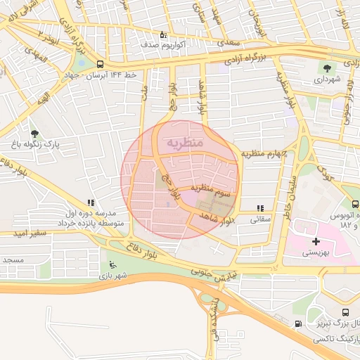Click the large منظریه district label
(184, 143)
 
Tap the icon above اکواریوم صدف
(163, 34)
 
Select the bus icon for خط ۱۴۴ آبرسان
(100, 63)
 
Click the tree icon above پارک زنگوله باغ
(34, 133)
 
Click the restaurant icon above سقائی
(261, 208)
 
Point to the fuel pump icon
(298, 324)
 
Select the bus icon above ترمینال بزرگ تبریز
(345, 313)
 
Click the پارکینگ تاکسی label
(338, 337)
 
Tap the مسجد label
(13, 260)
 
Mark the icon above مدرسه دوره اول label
(89, 202)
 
